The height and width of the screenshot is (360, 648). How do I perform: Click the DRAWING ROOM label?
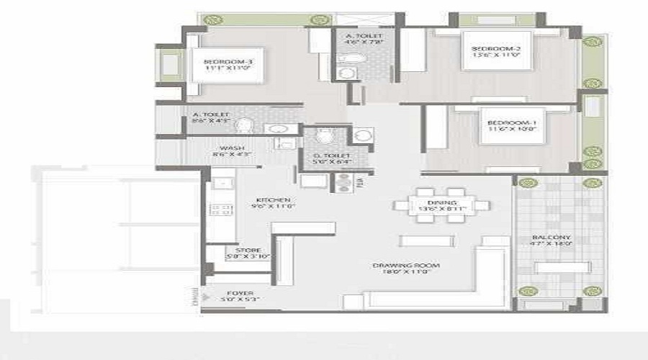click(406, 266)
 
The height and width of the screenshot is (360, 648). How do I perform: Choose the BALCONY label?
click(552, 237)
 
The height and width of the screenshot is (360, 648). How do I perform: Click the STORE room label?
click(243, 251)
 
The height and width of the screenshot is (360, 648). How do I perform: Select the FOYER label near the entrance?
click(239, 293)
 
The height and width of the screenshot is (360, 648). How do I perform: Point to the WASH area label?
click(228, 148)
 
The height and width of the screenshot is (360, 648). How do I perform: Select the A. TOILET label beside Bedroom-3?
click(210, 114)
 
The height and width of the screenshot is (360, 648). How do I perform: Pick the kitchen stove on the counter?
click(217, 210)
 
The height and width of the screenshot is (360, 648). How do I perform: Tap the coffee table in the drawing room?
click(426, 240)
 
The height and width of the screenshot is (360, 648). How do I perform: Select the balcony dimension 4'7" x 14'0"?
click(552, 244)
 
